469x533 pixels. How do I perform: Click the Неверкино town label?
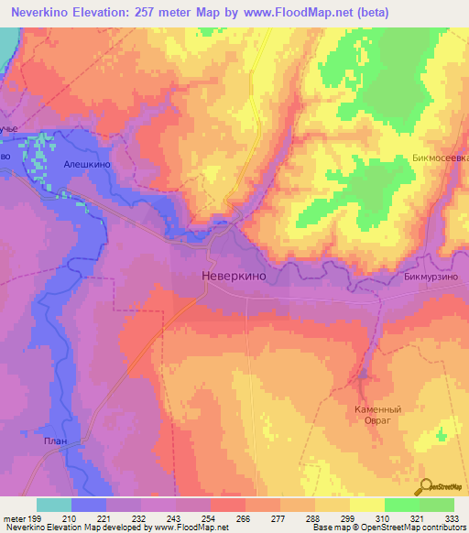point(234,274)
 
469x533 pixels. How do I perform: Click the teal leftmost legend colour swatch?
point(54,505)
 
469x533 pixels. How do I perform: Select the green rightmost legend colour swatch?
point(437,505)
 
